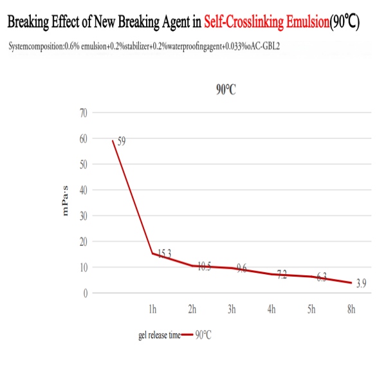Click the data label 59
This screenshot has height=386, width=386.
(121, 141)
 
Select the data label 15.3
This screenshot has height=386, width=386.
(165, 254)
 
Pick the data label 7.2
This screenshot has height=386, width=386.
(282, 275)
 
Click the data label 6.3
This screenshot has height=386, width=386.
(321, 277)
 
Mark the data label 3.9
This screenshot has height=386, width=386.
(361, 284)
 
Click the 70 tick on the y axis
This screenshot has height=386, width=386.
(82, 113)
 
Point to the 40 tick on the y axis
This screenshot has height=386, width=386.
(82, 190)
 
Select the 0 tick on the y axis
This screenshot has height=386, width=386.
(84, 293)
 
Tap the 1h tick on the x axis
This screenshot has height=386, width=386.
(152, 310)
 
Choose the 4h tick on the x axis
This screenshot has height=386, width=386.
(271, 310)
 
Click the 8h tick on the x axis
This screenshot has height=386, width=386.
(351, 310)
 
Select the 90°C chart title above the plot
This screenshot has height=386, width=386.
(225, 89)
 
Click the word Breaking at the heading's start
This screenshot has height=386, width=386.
(32, 23)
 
